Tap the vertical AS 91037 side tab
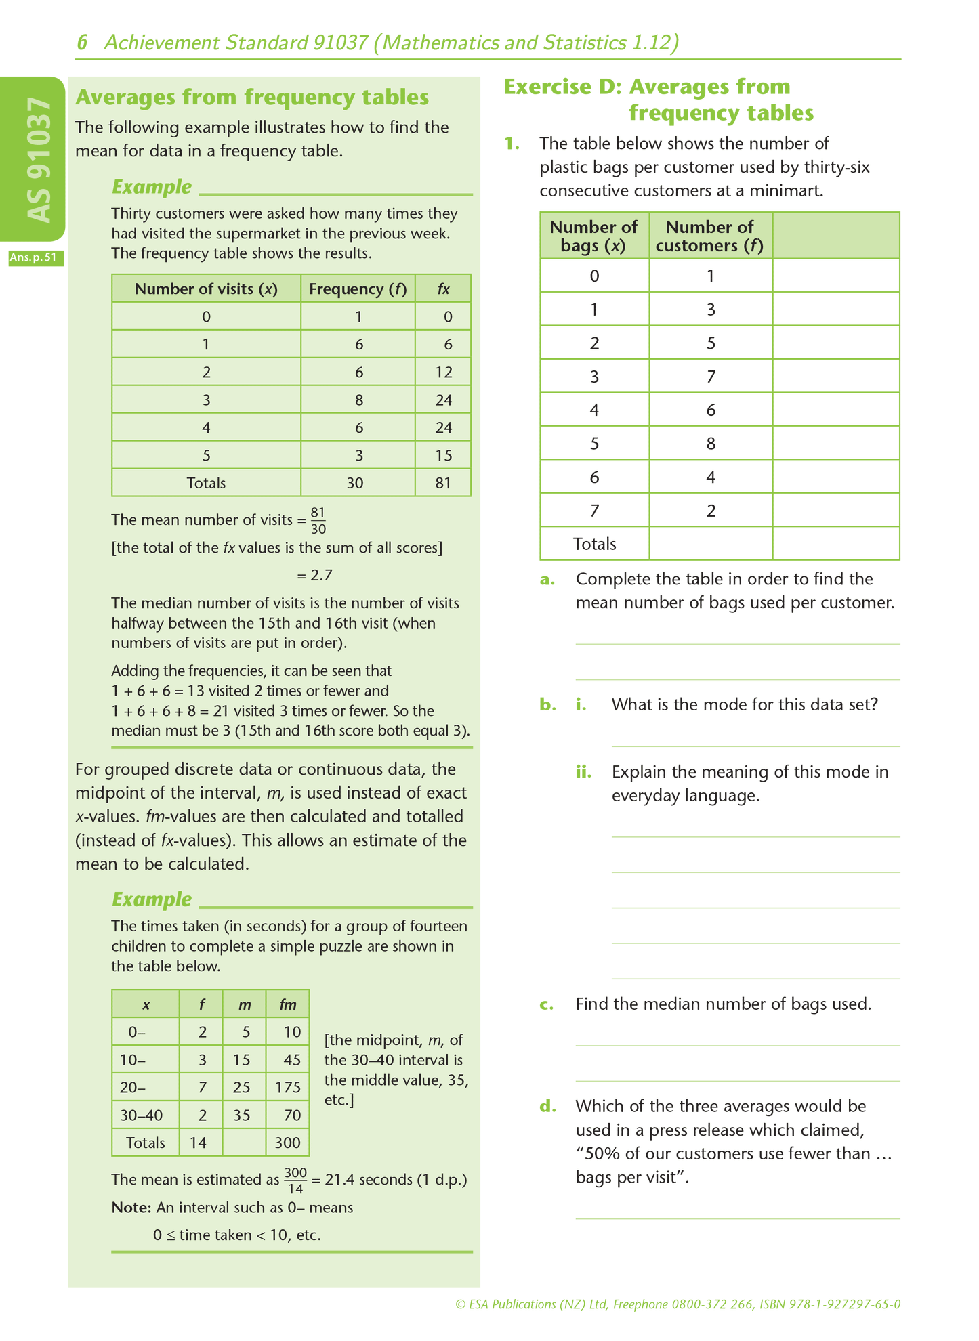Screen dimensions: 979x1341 38,160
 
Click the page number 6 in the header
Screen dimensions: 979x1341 82,43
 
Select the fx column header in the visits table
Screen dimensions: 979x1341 443,289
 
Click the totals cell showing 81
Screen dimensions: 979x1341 443,483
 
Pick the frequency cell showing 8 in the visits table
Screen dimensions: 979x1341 358,400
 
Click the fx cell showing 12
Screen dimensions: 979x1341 443,372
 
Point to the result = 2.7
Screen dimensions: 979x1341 314,576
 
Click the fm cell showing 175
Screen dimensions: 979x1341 288,1088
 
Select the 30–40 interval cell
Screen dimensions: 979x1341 141,1115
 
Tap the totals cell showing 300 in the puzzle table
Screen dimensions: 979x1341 287,1143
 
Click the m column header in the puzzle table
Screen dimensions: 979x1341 245,1004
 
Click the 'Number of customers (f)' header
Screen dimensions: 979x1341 709,236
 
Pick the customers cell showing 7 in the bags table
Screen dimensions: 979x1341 711,377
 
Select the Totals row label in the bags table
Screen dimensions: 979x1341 594,545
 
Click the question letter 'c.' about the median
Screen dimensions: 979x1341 547,1004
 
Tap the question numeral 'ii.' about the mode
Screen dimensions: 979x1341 583,772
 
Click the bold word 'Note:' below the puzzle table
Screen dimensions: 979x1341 131,1208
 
